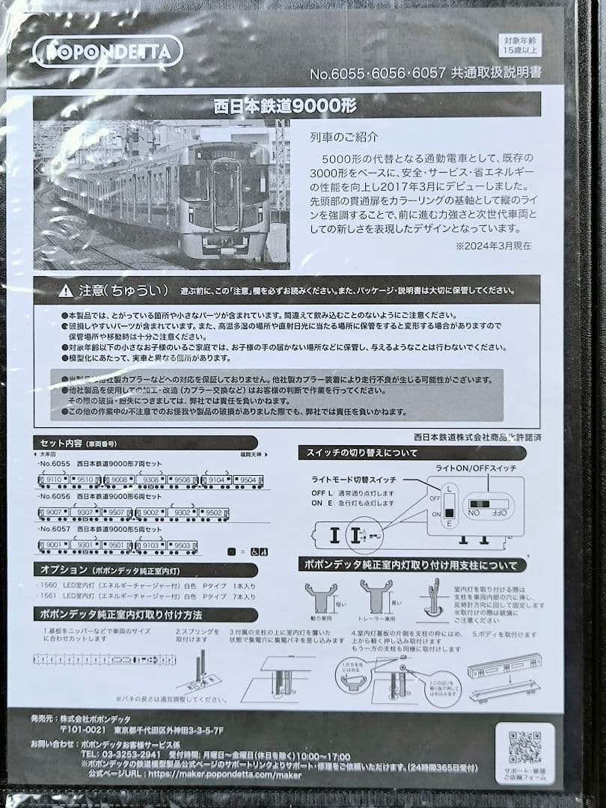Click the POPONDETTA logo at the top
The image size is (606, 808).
[x=108, y=50]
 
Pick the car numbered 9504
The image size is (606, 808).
[x=247, y=480]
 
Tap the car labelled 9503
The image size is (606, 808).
[x=182, y=546]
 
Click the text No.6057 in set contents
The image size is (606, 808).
[x=55, y=529]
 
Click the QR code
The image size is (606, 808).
[x=524, y=747]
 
